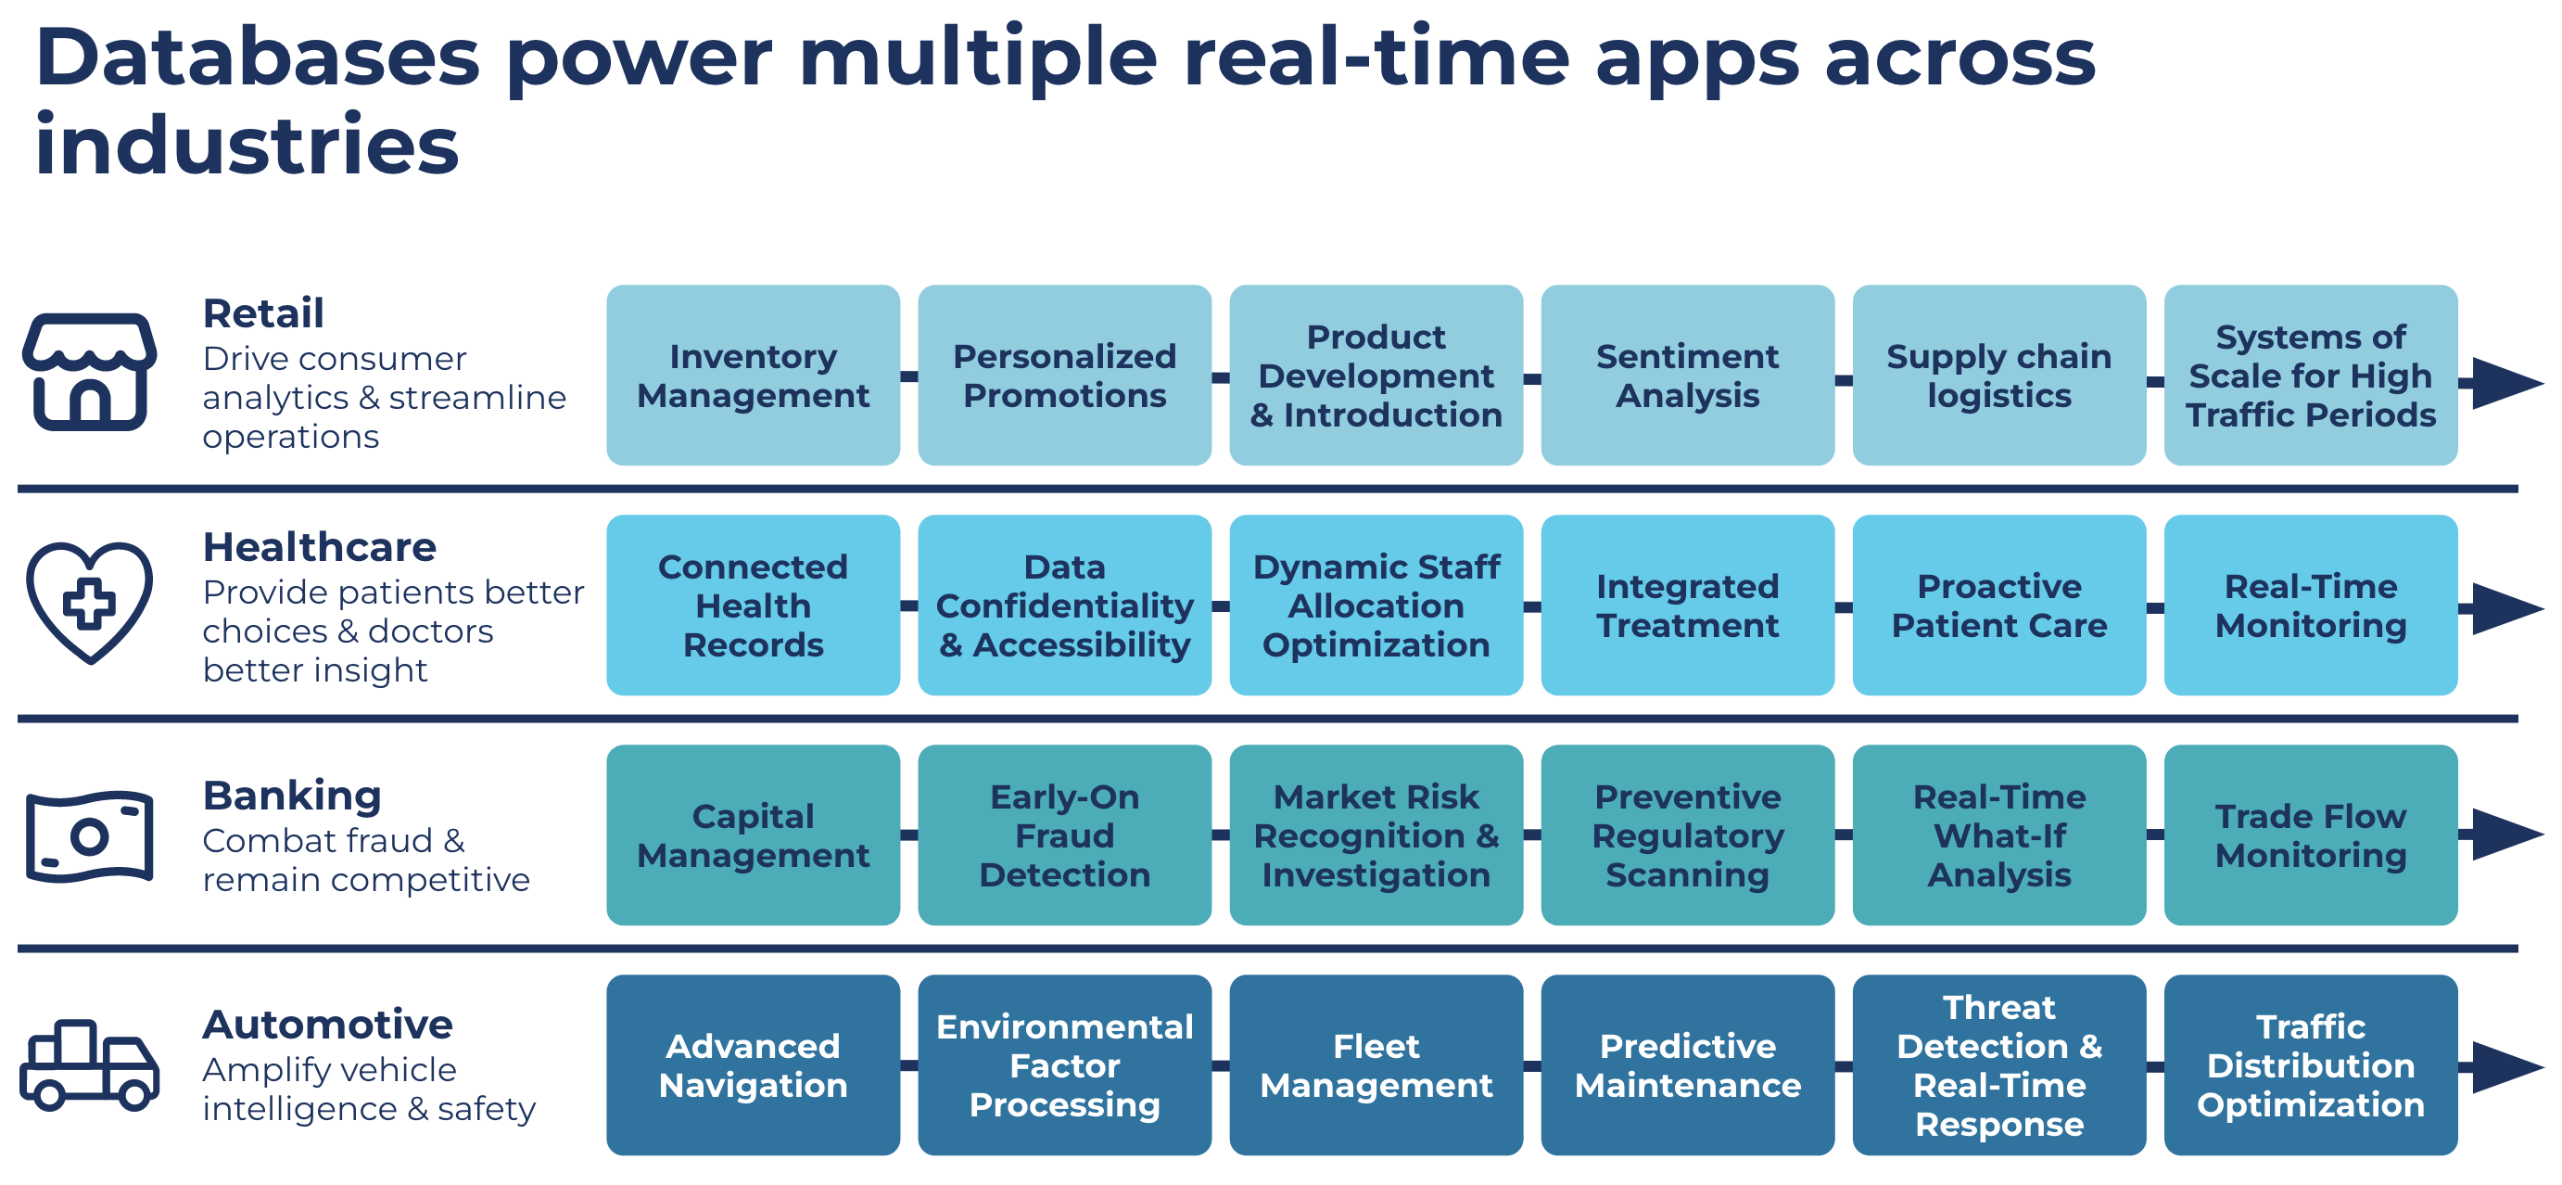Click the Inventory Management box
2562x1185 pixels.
click(753, 376)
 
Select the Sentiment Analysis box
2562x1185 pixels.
click(1687, 376)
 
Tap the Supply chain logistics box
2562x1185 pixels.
click(1998, 376)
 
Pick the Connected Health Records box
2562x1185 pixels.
click(753, 605)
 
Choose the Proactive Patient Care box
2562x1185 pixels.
click(1998, 605)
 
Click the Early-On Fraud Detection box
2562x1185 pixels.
click(1064, 835)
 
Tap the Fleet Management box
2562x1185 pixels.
click(1376, 1064)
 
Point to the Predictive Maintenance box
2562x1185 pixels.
click(1687, 1064)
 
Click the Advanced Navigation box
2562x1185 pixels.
click(753, 1064)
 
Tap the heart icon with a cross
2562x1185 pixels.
click(90, 603)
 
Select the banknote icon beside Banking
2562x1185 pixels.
click(90, 836)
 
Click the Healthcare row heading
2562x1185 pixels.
click(319, 547)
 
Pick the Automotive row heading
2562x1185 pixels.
click(327, 1024)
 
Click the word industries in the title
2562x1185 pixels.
click(247, 145)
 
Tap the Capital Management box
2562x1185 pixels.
click(753, 835)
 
